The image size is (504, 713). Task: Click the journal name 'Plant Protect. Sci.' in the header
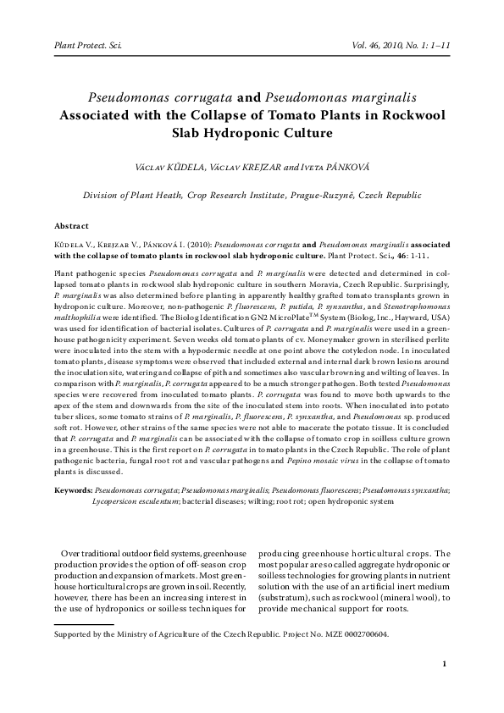tap(88, 40)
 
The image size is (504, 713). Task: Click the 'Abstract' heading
tap(71, 226)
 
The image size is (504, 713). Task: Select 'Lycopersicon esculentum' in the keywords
tap(135, 501)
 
